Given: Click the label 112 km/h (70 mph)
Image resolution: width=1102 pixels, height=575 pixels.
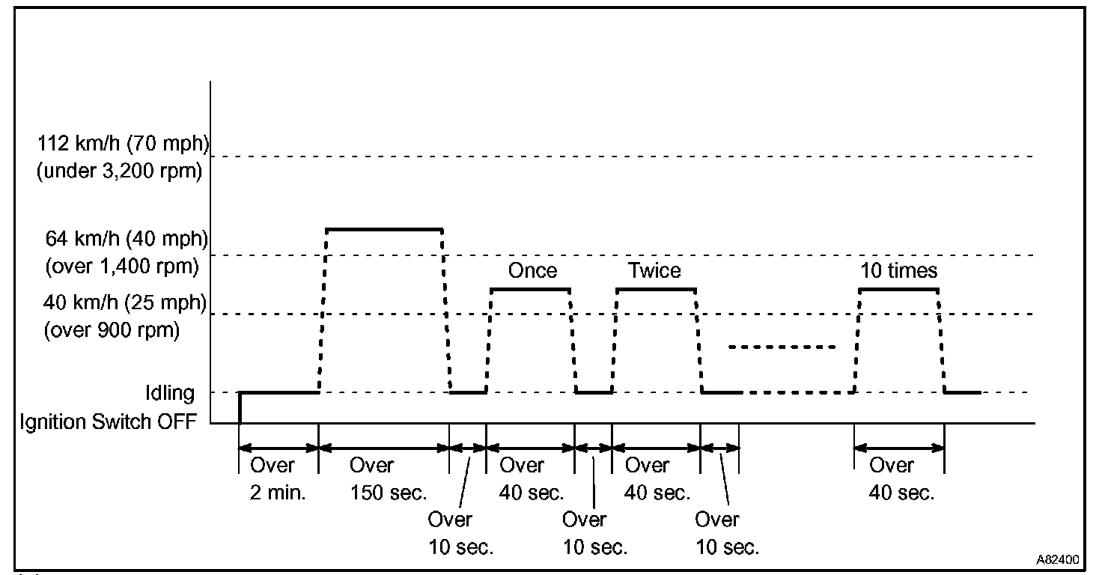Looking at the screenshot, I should tap(123, 143).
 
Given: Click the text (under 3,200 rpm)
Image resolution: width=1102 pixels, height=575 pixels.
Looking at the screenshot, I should tap(120, 171).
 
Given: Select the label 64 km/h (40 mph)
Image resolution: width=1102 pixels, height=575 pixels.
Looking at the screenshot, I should tap(127, 239).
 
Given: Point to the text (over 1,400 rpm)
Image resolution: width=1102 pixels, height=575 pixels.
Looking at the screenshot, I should tap(123, 266).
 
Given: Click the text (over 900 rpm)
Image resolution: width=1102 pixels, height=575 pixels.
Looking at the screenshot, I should tap(112, 330).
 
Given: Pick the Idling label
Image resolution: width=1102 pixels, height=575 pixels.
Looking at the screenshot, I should tap(171, 392).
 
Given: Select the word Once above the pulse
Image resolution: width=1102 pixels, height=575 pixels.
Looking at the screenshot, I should tap(532, 270).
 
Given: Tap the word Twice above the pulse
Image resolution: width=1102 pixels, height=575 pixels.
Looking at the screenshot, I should tap(655, 270).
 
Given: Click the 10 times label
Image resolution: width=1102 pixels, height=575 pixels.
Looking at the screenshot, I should tap(898, 270).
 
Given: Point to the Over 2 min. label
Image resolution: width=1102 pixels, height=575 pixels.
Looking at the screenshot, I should tap(278, 479).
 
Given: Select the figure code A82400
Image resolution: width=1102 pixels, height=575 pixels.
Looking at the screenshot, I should tap(1058, 559).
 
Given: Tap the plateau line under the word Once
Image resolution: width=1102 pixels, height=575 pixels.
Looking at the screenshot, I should tap(530, 289).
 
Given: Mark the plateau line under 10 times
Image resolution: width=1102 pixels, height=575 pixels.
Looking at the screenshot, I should tap(898, 289).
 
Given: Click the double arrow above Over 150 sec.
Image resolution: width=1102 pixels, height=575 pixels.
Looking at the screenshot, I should tap(383, 448).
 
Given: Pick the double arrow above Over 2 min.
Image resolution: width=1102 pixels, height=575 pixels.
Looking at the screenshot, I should tap(278, 448).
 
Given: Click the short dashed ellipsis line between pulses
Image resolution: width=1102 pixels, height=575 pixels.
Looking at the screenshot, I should tap(782, 347).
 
